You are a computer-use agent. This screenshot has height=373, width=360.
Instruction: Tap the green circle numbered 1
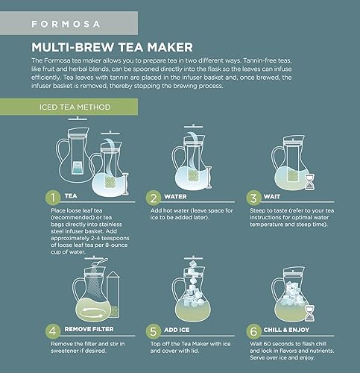coord(52,198)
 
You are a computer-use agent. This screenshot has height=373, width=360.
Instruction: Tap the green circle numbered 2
coord(153,198)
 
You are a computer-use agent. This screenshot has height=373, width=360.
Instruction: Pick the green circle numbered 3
coord(255,198)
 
